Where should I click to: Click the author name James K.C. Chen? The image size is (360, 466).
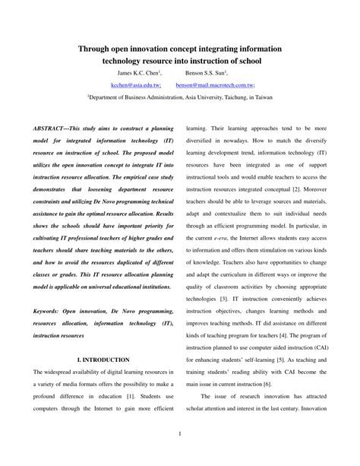(x=138, y=74)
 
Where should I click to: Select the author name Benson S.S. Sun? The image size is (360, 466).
(x=207, y=74)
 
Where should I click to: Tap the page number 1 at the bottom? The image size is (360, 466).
(x=179, y=434)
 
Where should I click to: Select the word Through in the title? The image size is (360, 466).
(x=94, y=47)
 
